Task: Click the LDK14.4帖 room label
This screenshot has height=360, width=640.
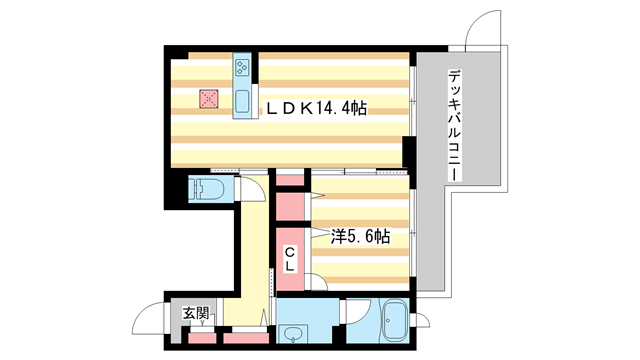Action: pos(314,108)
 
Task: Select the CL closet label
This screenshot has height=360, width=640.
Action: pos(287,259)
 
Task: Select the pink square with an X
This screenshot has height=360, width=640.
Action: pos(208,98)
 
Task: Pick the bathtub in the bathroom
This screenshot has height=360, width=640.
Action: pos(392,323)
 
